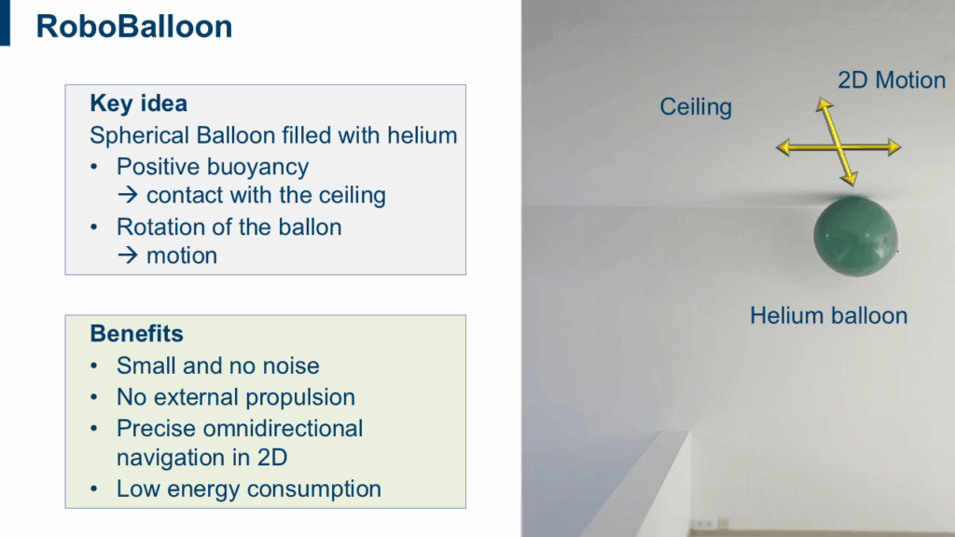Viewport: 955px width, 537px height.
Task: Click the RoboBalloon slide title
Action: (134, 27)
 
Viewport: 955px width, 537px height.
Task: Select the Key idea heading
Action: (138, 103)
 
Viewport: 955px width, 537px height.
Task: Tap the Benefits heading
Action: (136, 334)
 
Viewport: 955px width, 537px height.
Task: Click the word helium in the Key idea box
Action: (422, 135)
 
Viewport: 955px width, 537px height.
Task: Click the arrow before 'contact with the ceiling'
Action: (128, 195)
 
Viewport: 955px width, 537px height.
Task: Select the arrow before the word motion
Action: (128, 255)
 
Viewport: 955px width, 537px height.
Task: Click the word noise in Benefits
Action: (291, 365)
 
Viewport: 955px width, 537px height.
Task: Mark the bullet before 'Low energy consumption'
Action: (94, 489)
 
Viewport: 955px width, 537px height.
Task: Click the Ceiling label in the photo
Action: (696, 107)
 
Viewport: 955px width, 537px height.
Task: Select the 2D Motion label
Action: (892, 80)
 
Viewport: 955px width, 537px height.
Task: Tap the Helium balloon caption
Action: (828, 315)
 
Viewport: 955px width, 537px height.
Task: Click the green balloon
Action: (855, 236)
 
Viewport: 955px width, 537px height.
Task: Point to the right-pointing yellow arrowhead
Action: (894, 146)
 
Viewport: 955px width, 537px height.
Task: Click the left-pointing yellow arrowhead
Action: (783, 147)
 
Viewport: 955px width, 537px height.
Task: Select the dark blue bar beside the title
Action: (5, 22)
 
